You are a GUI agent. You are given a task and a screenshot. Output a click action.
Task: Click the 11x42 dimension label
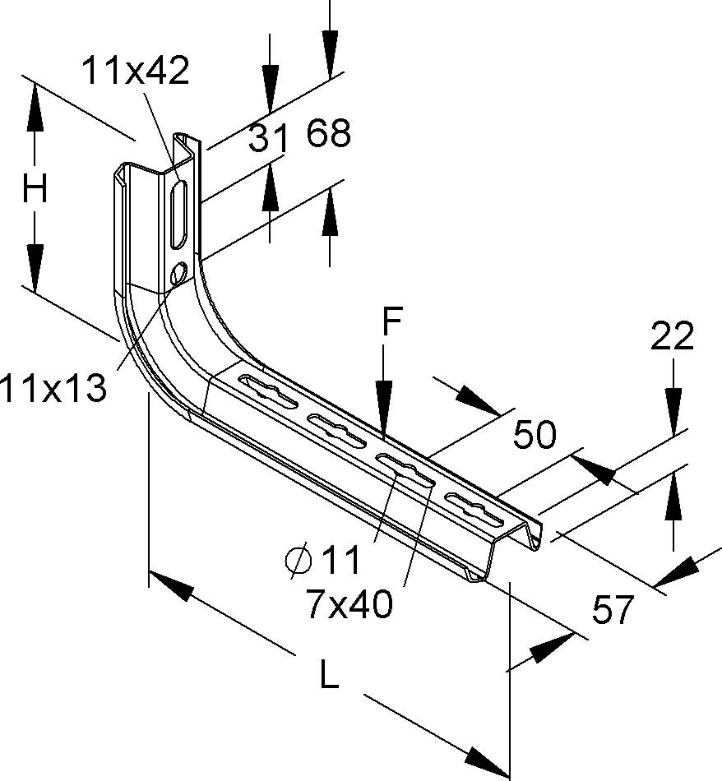tap(136, 72)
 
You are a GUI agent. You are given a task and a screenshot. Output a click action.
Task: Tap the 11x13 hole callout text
tap(53, 386)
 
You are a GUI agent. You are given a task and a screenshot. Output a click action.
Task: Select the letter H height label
tap(35, 191)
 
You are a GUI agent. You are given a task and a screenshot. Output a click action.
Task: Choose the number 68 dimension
tap(329, 133)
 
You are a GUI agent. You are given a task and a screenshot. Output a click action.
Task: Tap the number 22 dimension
tap(673, 336)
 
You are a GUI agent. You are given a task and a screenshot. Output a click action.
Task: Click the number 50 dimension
tap(535, 435)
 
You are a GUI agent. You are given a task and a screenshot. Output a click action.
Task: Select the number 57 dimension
tap(613, 609)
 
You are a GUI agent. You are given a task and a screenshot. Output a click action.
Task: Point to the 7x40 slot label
tap(348, 606)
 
